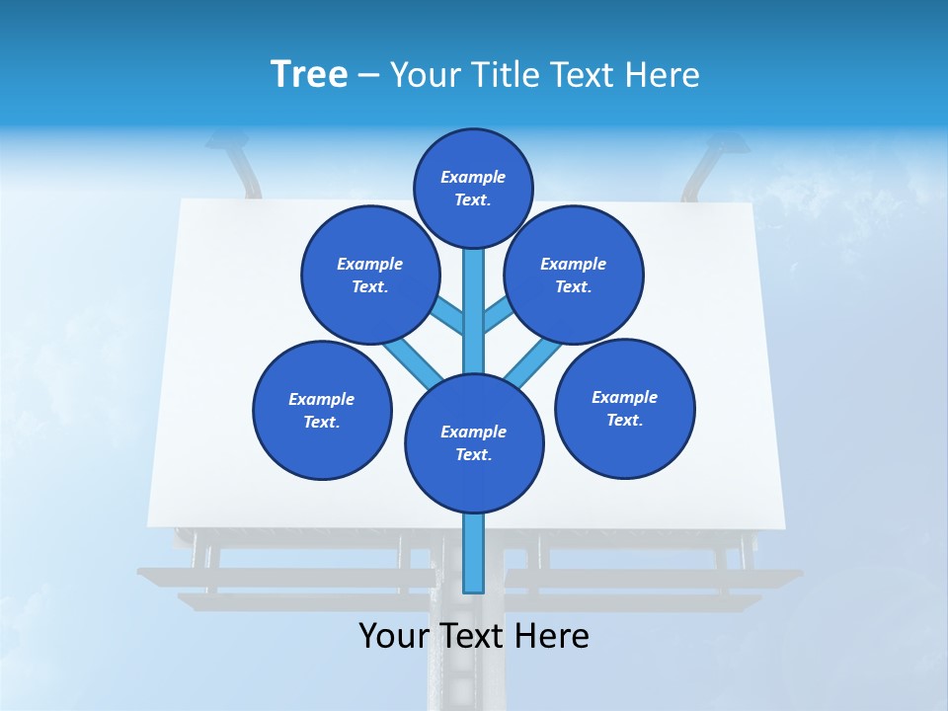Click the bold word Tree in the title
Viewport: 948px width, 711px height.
tap(309, 74)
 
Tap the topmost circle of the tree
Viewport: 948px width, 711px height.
tap(473, 188)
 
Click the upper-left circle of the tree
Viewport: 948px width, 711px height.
tap(369, 275)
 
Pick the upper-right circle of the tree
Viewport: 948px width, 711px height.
tap(574, 275)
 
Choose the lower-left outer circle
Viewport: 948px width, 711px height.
tap(322, 410)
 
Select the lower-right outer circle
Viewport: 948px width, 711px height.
tap(625, 408)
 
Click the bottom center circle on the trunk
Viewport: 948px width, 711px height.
tap(474, 442)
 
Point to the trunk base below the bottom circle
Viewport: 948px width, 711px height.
tap(474, 553)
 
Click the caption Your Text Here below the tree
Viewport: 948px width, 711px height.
tap(474, 636)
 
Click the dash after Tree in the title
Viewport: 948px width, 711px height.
tap(368, 75)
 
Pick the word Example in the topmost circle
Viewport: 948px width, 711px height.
tap(473, 177)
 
